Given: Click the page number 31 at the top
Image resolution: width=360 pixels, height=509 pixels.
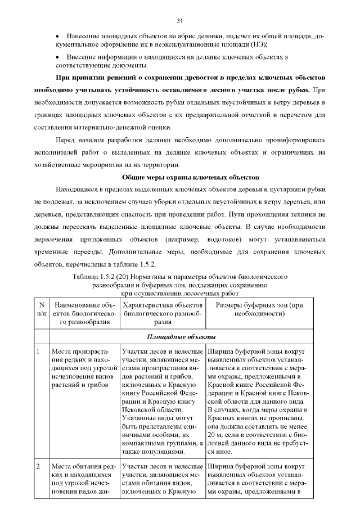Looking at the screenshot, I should [x=179, y=21].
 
